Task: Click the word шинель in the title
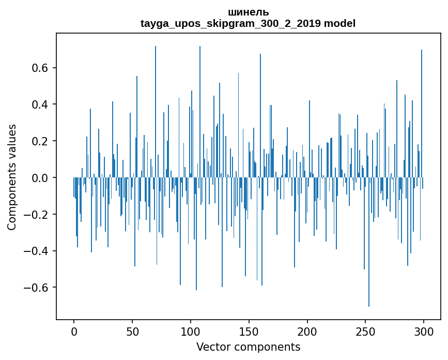248,12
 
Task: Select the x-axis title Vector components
248,347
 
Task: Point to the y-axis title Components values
12,177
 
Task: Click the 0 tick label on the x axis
74,331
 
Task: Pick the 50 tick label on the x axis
132,331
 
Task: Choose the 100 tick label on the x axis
191,331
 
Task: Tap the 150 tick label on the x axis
249,331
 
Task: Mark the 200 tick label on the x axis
307,331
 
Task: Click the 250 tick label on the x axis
366,331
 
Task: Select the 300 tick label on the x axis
424,331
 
